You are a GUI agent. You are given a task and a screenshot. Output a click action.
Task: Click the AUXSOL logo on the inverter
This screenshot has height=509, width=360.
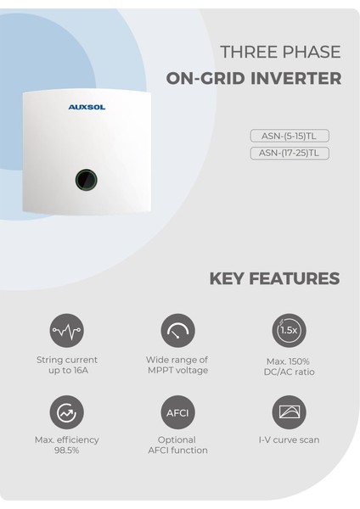click(x=86, y=108)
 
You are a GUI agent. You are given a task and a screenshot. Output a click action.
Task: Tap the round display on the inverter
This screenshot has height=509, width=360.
click(x=86, y=178)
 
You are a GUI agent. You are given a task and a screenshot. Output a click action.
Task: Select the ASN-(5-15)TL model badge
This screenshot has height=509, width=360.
click(x=290, y=136)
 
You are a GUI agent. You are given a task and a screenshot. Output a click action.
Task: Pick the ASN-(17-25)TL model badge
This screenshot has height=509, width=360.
click(x=290, y=154)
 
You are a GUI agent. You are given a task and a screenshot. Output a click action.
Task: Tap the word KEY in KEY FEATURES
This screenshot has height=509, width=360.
click(x=229, y=278)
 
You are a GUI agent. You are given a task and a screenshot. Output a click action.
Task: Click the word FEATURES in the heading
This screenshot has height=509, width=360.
click(x=296, y=278)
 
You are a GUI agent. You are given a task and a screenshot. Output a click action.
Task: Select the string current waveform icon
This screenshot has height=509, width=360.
click(x=67, y=330)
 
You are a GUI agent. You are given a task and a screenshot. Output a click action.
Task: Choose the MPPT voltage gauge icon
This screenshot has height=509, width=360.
click(x=177, y=330)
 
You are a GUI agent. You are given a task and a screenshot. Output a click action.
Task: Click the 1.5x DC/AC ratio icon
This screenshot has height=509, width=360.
click(x=289, y=330)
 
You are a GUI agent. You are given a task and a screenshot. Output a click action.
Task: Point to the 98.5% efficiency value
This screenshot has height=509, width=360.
click(x=67, y=450)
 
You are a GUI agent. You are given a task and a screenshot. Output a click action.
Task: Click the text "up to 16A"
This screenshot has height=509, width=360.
click(x=67, y=370)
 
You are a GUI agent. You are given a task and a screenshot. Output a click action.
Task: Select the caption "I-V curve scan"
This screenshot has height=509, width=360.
click(x=289, y=440)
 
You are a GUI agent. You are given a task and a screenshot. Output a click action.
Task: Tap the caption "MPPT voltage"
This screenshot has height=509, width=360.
click(x=177, y=370)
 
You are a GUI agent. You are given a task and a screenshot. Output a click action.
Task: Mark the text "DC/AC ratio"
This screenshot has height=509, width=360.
click(x=289, y=372)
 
